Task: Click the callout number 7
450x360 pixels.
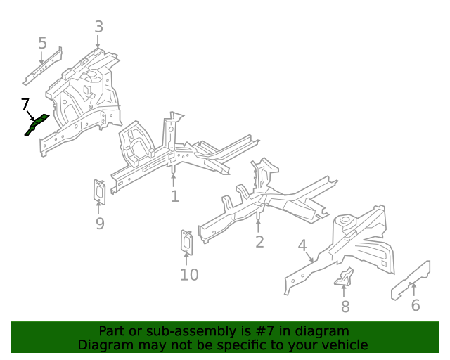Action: (25, 104)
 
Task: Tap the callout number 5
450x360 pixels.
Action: (42, 44)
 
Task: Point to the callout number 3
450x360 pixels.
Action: (98, 27)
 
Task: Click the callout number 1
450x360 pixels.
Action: (174, 196)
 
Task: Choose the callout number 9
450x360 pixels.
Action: (100, 224)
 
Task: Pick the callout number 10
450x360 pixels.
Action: (189, 274)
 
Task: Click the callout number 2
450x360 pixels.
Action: (259, 242)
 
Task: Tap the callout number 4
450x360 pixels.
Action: (302, 245)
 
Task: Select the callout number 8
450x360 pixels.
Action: (345, 307)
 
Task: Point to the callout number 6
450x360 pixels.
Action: (415, 305)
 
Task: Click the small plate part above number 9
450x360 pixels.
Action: (100, 192)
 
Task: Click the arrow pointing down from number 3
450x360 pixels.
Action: (98, 42)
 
